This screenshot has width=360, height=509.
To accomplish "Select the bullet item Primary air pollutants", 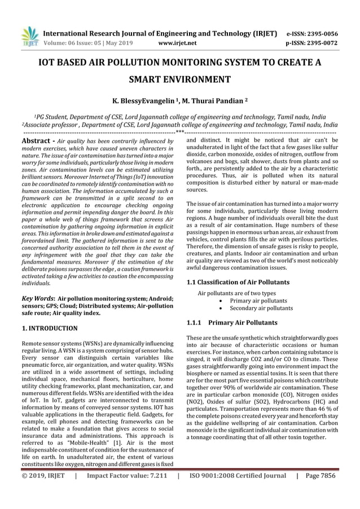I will tap(258, 301).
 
